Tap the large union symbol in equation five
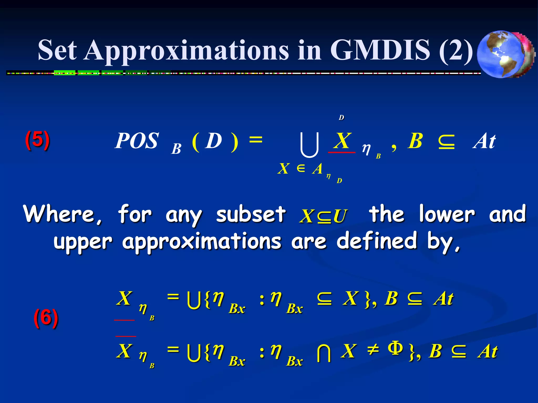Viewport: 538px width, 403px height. click(309, 145)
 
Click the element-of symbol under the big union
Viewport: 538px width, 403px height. click(301, 168)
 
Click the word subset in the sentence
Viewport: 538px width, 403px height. click(251, 214)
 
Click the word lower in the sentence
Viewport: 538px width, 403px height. click(447, 214)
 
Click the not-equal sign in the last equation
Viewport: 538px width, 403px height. click(373, 350)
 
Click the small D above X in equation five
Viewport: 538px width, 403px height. click(341, 118)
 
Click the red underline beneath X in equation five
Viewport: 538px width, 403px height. click(342, 152)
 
